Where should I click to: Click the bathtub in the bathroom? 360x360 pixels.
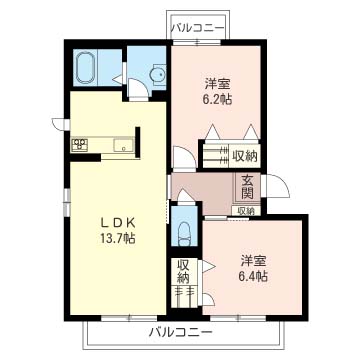click(x=87, y=69)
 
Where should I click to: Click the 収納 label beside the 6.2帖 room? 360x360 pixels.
click(x=244, y=155)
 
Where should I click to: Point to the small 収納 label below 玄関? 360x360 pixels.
click(x=245, y=211)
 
